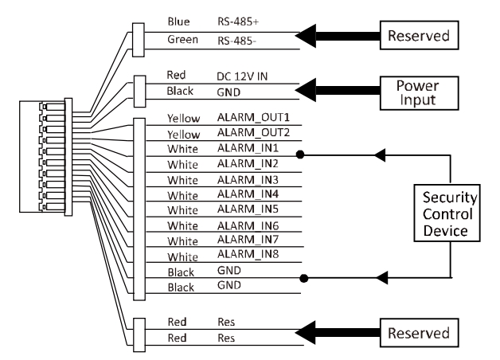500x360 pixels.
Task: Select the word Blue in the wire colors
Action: click(x=179, y=22)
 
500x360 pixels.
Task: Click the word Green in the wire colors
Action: click(x=182, y=39)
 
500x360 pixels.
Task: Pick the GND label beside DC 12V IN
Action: click(x=228, y=92)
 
